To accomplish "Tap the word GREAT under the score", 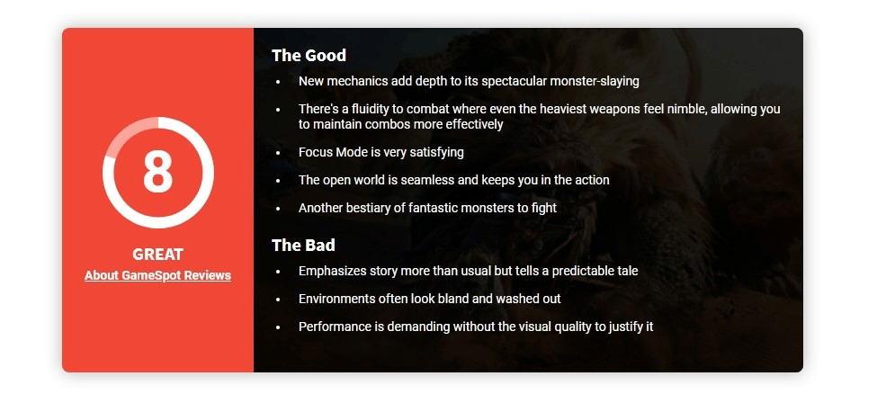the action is (x=157, y=254).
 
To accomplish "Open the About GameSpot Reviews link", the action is (x=157, y=275).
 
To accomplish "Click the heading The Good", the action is (x=309, y=56).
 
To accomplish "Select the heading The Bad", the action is (x=303, y=245).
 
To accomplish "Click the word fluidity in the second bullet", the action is (x=360, y=109).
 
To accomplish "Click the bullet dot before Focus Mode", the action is (x=278, y=153).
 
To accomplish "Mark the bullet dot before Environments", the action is (x=278, y=300).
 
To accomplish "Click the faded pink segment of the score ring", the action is (x=129, y=131).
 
